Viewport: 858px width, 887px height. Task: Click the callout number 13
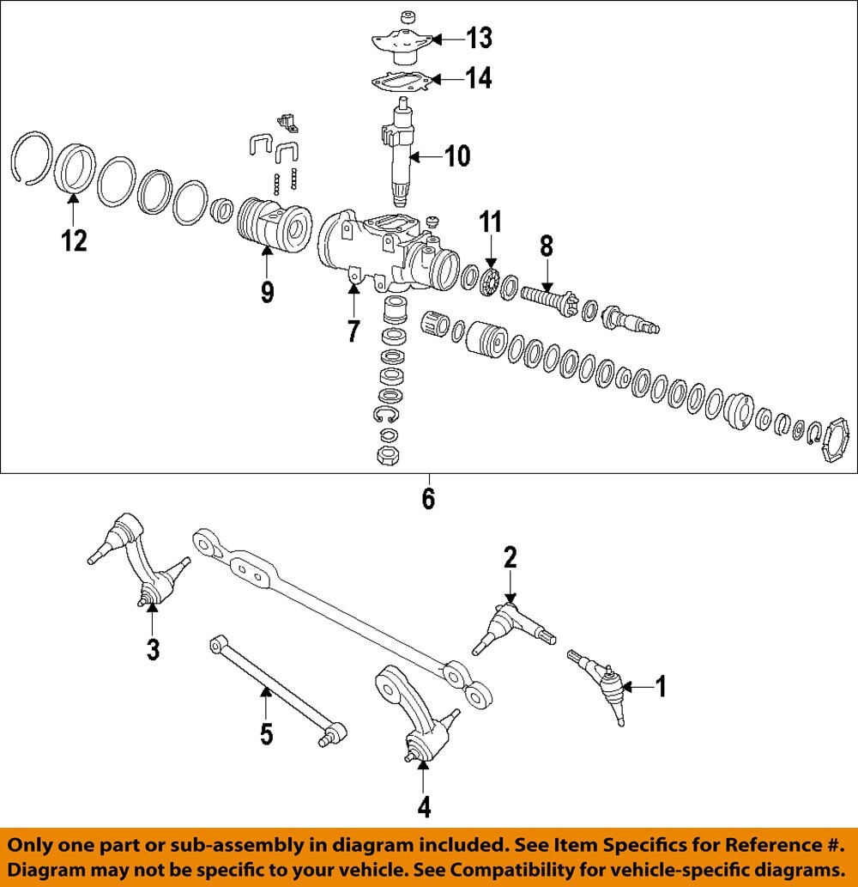(x=479, y=38)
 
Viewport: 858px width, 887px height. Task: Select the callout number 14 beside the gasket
(x=479, y=79)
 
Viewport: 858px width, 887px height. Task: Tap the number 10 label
(x=456, y=156)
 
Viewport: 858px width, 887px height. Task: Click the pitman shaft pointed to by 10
(x=400, y=155)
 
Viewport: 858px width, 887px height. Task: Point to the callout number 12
(x=75, y=240)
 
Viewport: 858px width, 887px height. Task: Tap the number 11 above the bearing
(x=490, y=223)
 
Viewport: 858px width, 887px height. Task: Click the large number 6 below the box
(x=428, y=498)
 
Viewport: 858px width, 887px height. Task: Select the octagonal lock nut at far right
(x=831, y=442)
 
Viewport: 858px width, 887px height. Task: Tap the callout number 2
(x=511, y=558)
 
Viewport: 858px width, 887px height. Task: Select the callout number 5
(x=266, y=733)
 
